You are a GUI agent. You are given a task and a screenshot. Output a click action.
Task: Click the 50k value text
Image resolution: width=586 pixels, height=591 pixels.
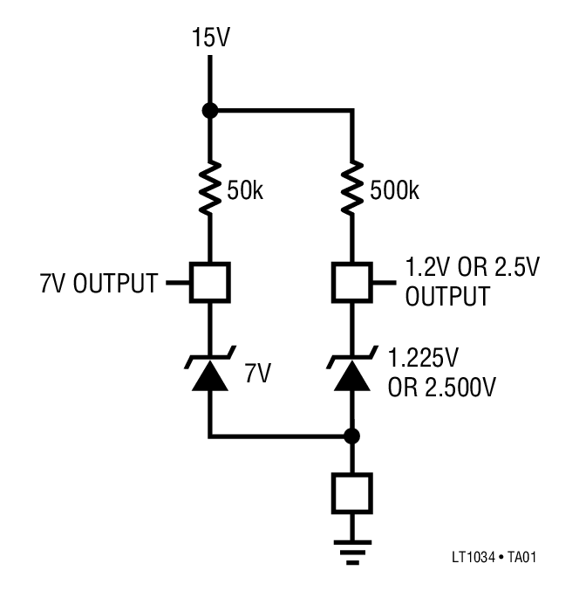pos(244,190)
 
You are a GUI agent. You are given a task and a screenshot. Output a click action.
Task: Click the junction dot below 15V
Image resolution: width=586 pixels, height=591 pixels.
pos(209,111)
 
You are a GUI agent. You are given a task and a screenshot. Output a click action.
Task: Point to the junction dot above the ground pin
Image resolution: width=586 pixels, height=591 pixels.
pos(351,436)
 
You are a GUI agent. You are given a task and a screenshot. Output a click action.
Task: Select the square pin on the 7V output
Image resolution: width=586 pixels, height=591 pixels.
pos(209,282)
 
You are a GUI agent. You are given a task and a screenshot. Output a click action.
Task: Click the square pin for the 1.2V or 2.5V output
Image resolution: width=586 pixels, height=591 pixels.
pos(351,282)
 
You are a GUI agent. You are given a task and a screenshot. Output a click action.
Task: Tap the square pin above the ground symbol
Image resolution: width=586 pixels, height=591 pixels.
pos(351,493)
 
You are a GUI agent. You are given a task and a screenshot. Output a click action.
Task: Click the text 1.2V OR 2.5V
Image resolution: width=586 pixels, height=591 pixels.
pos(461,267)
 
